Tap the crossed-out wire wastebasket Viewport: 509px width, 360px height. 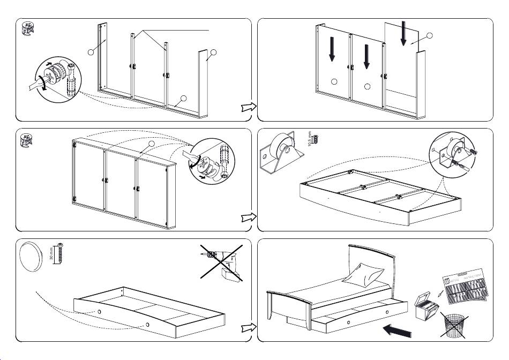pyautogui.click(x=454, y=325)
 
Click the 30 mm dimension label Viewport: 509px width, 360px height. pyautogui.click(x=52, y=253)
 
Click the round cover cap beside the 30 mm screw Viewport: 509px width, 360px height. pyautogui.click(x=32, y=257)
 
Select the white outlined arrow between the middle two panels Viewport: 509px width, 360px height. pyautogui.click(x=248, y=217)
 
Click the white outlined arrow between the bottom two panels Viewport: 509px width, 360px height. pyautogui.click(x=248, y=327)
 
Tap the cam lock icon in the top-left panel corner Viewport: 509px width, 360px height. pyautogui.click(x=27, y=29)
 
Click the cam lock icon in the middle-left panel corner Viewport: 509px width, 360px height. pyautogui.click(x=27, y=141)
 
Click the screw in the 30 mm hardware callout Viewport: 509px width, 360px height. pyautogui.click(x=61, y=253)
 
